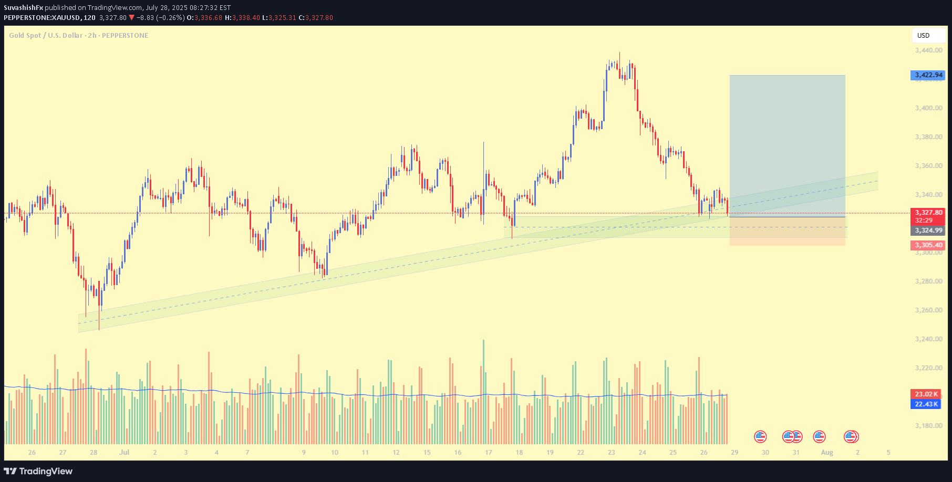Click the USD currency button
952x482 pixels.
928,36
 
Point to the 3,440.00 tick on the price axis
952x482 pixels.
928,50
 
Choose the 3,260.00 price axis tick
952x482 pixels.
928,310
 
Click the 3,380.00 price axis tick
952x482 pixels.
928,137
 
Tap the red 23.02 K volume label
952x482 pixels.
926,394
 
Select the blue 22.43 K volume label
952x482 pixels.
926,404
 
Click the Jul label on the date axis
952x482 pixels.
124,453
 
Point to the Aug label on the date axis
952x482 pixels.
827,453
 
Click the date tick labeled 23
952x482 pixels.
612,453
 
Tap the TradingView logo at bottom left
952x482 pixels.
38,471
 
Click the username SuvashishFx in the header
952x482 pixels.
23,8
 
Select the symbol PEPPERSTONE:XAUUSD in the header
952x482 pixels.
42,18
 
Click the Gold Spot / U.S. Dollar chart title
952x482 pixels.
78,36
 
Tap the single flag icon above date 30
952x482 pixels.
760,436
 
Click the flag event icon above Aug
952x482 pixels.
819,436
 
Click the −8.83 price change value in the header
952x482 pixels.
145,18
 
